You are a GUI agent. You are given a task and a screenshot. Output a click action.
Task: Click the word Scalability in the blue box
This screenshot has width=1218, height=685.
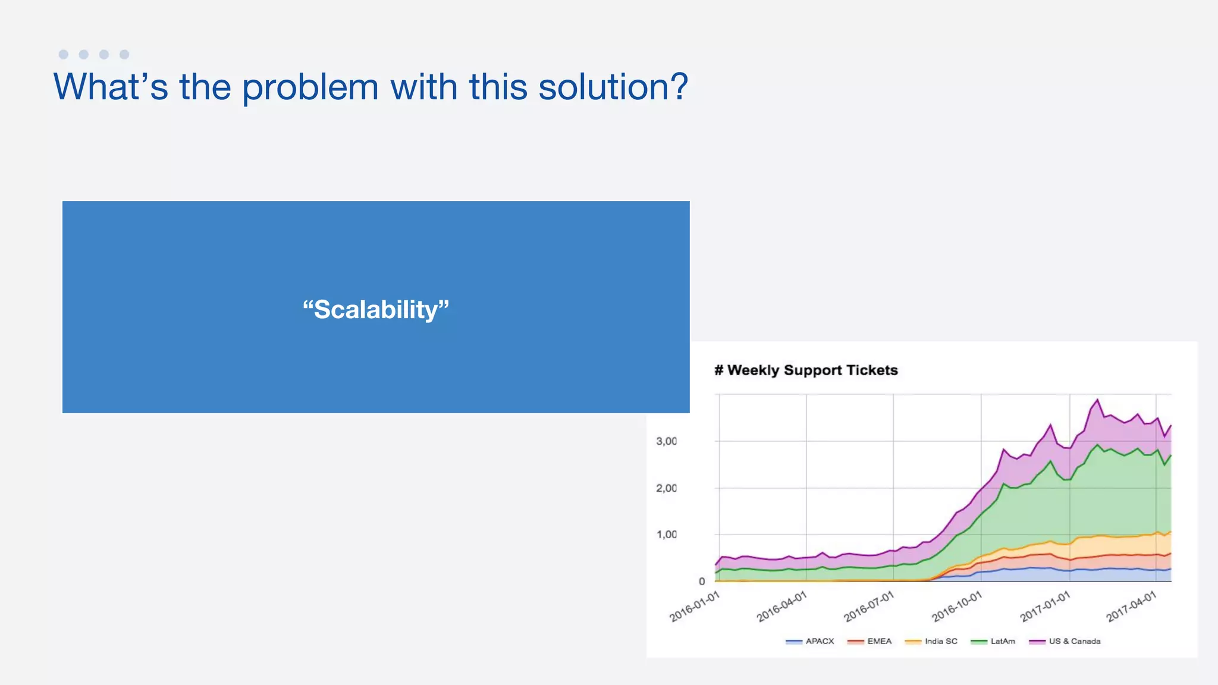coord(376,309)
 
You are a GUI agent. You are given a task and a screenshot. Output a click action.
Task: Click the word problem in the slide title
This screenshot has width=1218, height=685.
coord(310,87)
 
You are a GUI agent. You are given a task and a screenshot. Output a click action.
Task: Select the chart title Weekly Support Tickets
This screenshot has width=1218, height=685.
coord(806,370)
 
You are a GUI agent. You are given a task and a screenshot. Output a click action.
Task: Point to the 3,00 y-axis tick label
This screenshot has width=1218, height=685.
coord(666,441)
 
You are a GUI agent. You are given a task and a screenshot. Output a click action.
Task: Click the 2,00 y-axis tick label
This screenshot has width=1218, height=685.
coord(666,488)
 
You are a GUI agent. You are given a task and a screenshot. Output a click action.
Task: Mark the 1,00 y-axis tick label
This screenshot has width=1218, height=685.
coord(666,535)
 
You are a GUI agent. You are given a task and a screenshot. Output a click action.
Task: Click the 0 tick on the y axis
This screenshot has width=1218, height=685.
coord(702,582)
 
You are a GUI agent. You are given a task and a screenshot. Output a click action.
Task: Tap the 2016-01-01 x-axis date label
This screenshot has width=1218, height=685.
coord(695,607)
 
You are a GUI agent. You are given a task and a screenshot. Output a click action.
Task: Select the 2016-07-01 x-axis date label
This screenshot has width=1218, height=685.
coord(869,607)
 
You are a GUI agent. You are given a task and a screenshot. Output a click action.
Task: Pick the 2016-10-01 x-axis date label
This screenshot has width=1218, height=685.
coord(956,607)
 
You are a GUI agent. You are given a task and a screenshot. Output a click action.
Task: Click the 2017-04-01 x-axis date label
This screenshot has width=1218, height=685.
coord(1131,607)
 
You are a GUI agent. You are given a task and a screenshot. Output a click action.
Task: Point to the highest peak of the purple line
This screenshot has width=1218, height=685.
coord(1097,400)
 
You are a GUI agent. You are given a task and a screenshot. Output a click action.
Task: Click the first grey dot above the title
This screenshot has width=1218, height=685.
coord(64,54)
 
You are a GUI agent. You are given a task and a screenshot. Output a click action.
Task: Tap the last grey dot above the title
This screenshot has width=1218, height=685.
coord(124,54)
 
